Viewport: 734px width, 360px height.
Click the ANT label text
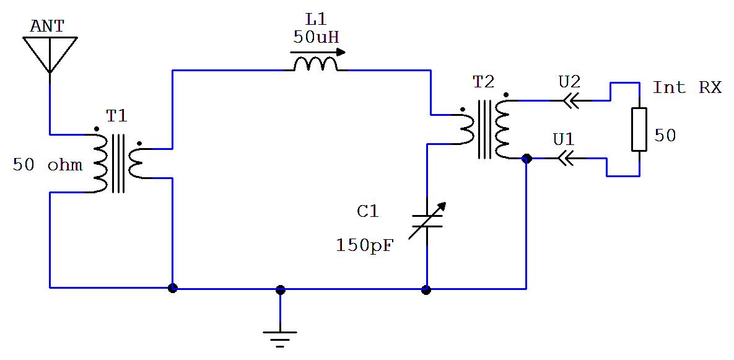click(x=47, y=26)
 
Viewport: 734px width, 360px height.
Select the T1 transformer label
click(x=116, y=116)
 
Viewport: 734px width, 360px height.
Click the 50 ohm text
click(x=48, y=165)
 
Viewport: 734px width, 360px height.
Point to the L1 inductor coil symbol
click(x=315, y=64)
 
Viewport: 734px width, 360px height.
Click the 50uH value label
click(x=315, y=37)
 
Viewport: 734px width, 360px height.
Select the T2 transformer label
click(x=483, y=83)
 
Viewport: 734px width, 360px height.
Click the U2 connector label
click(x=570, y=82)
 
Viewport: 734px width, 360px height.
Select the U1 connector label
click(x=564, y=139)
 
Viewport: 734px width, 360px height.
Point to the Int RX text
click(x=687, y=87)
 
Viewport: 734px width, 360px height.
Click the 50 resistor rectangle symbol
click(x=639, y=130)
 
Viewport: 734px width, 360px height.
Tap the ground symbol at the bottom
click(x=280, y=339)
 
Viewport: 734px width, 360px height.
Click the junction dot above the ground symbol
click(x=280, y=290)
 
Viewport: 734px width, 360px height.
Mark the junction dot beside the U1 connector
click(x=526, y=159)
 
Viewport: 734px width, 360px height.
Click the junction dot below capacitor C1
click(x=426, y=290)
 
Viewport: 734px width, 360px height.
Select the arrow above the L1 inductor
click(x=318, y=53)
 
